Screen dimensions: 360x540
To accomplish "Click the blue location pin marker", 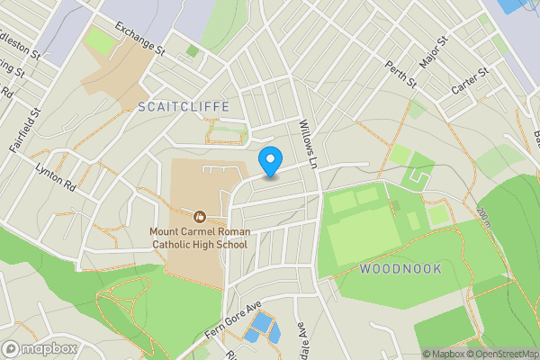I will [x=270, y=160].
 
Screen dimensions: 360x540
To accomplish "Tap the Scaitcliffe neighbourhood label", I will [x=184, y=106].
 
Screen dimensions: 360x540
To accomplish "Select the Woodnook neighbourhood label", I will [x=400, y=268].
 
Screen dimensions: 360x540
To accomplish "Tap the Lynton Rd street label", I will [x=56, y=176].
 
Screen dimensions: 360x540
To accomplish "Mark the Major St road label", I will [x=434, y=53].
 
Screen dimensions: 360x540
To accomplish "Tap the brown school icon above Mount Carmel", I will [x=199, y=216].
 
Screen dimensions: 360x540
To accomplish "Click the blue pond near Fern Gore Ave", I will [x=261, y=328].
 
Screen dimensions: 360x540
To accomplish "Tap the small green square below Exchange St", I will [x=192, y=51].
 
